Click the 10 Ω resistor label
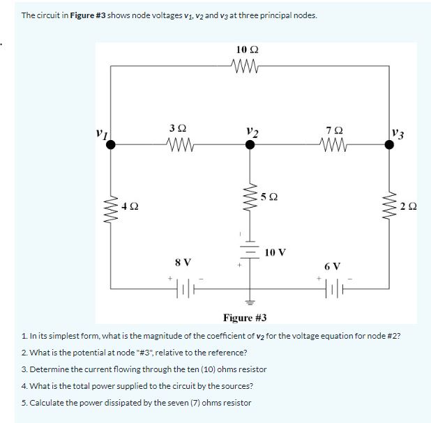(248, 50)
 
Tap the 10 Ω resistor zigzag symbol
(248, 67)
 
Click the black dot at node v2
(245, 145)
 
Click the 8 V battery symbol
(183, 288)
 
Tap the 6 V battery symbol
(334, 288)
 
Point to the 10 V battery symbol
(245, 253)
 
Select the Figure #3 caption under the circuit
(245, 319)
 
